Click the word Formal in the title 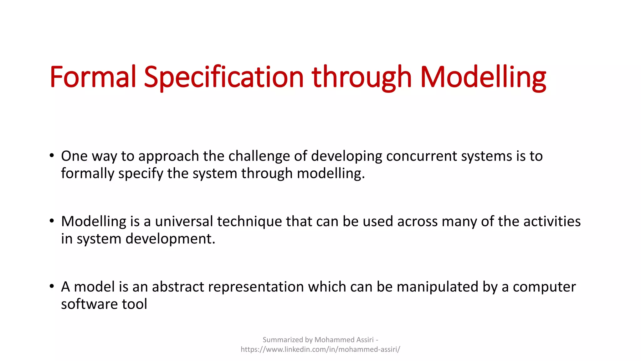[93, 77]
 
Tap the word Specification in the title [223, 77]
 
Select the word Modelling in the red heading [483, 77]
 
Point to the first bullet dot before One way [52, 155]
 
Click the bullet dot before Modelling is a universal [52, 221]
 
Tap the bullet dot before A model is [52, 286]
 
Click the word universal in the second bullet [184, 222]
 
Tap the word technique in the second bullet [249, 222]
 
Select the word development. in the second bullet [170, 239]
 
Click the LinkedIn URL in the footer [320, 349]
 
